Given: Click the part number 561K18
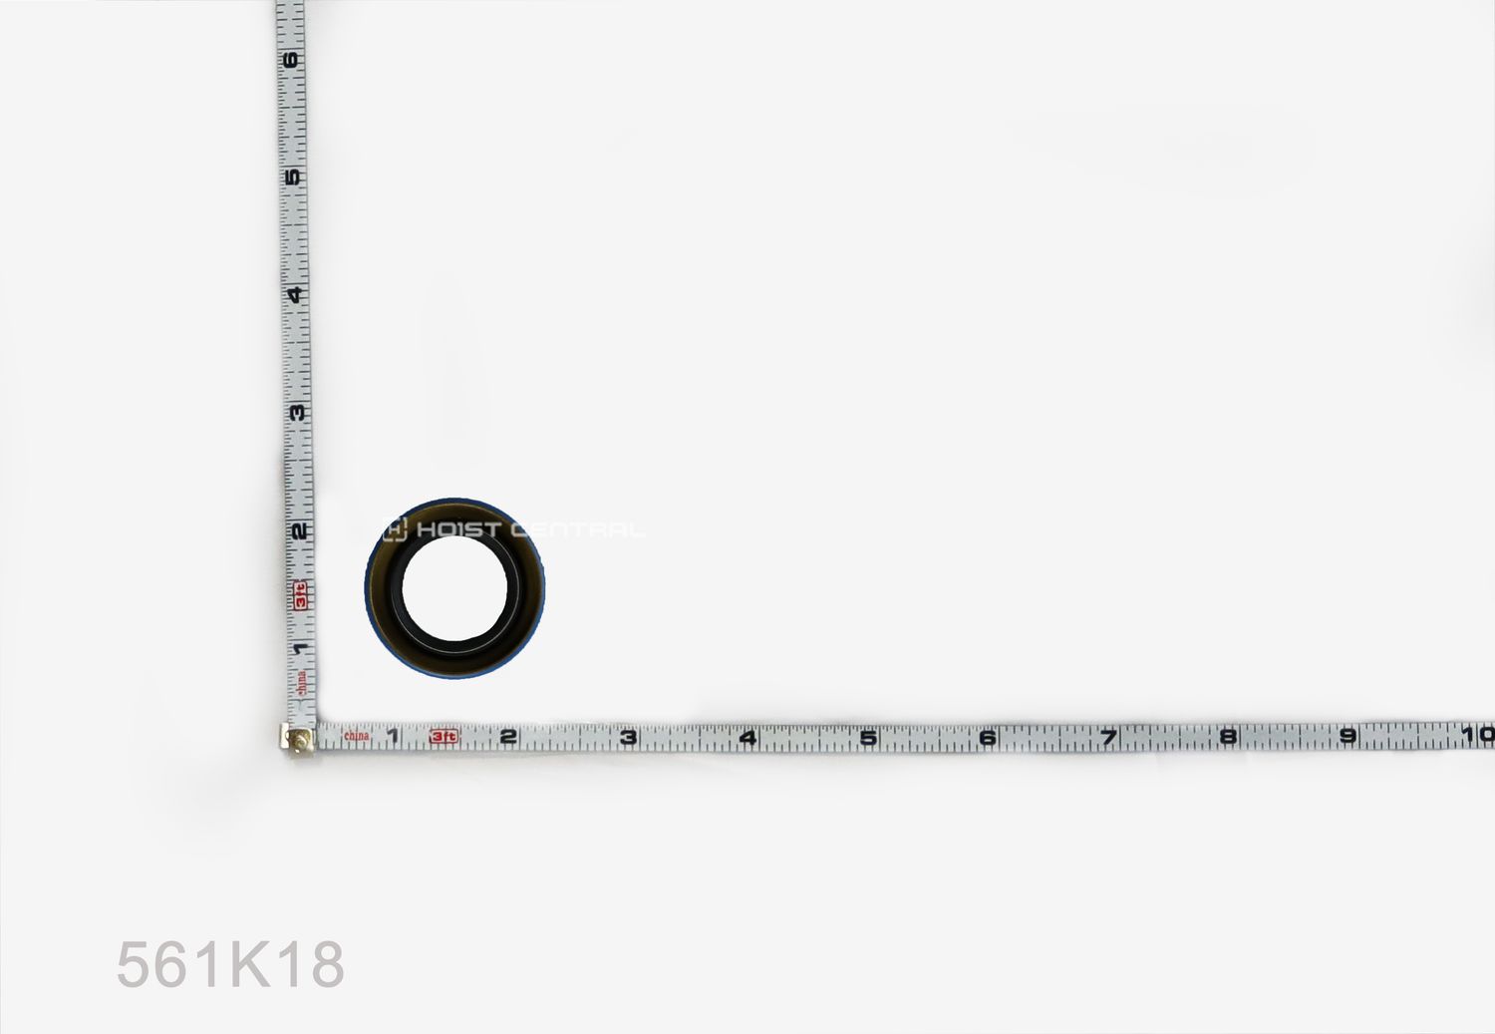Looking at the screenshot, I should [230, 964].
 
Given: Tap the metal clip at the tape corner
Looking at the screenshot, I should [298, 739].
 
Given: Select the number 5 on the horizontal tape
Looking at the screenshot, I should [868, 737].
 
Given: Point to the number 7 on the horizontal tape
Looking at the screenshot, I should [1108, 737].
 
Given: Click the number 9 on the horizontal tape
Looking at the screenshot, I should [1347, 736].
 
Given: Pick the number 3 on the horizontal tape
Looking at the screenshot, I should [628, 737].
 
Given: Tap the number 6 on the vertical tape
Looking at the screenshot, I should [290, 60].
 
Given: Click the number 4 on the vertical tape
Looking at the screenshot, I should [294, 294].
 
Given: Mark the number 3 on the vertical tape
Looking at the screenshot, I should [296, 412].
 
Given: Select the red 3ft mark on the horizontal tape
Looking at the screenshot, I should [444, 737].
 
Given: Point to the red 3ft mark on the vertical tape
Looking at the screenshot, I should [299, 594].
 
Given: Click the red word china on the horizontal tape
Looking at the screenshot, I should [356, 736].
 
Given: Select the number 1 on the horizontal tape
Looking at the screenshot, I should [393, 737].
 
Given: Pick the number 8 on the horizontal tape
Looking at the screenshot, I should [1228, 736].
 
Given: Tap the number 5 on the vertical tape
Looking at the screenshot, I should [292, 177].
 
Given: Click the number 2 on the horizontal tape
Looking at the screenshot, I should [508, 737].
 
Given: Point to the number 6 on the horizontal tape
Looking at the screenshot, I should [988, 737].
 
